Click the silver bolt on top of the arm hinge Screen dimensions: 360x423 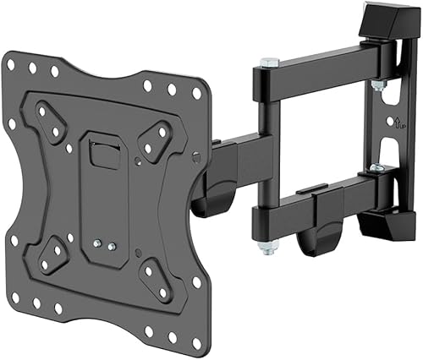[x=268, y=63]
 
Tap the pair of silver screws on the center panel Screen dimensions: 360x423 [x=105, y=244]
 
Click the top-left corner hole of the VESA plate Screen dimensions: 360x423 [x=14, y=63]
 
